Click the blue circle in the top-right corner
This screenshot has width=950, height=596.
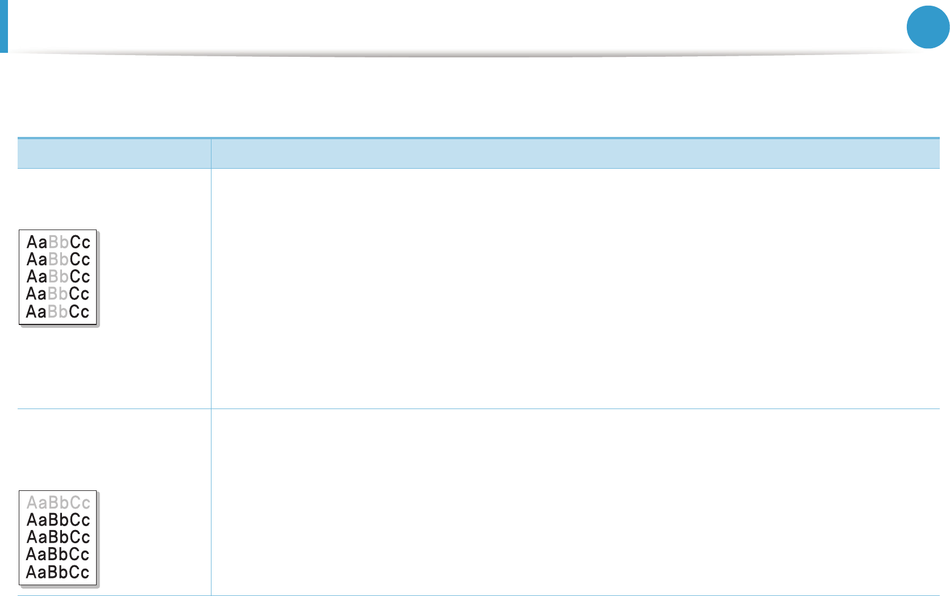click(x=928, y=27)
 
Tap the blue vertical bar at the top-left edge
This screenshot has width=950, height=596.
click(x=4, y=26)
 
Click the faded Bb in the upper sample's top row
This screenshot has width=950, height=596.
click(x=59, y=242)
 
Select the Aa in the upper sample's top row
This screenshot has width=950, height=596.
click(x=37, y=242)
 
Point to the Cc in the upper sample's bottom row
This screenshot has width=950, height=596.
click(x=79, y=311)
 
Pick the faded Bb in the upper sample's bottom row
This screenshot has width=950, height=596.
click(x=57, y=311)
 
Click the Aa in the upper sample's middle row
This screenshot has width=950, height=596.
click(x=37, y=276)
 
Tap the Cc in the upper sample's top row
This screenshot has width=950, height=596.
click(x=80, y=242)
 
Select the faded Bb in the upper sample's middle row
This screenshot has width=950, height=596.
click(x=59, y=276)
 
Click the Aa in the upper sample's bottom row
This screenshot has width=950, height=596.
click(x=36, y=311)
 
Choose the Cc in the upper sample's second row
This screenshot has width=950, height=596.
click(x=80, y=259)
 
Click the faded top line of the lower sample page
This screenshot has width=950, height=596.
click(x=59, y=502)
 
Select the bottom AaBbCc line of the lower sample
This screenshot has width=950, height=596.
click(x=57, y=572)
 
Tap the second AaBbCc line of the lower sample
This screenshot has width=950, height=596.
click(x=59, y=520)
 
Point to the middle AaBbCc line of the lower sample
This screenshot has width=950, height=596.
click(x=59, y=537)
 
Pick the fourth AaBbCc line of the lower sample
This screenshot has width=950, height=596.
click(x=57, y=554)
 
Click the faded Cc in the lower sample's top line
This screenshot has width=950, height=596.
click(x=80, y=502)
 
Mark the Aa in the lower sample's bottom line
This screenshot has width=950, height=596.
click(x=36, y=572)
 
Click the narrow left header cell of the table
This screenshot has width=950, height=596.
click(x=114, y=153)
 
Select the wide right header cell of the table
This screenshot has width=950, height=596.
click(x=575, y=153)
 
